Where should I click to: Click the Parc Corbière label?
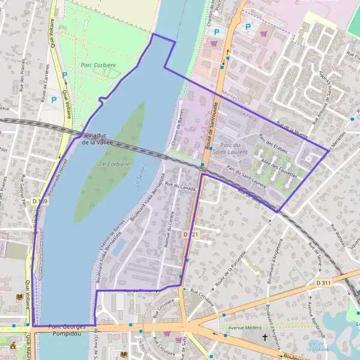click(98, 64)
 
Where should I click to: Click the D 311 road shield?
click(323, 283)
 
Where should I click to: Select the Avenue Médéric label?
click(245, 328)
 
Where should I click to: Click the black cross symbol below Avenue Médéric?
click(264, 338)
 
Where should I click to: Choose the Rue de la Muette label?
click(292, 127)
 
